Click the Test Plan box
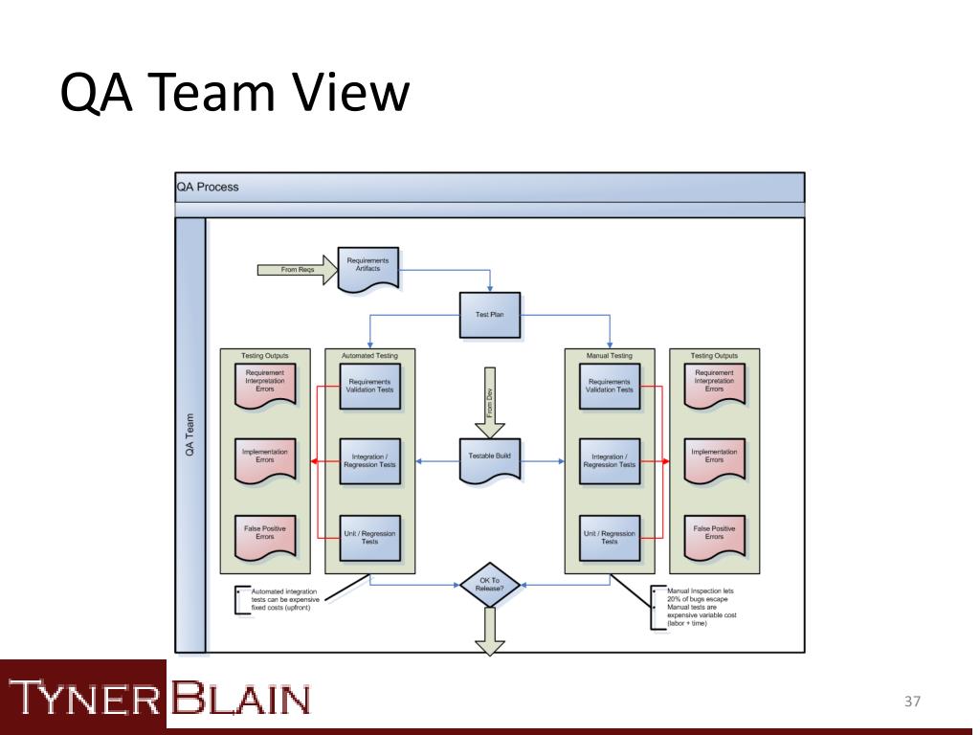[490, 315]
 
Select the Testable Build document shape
[489, 458]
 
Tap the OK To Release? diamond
[489, 584]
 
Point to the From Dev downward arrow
[489, 401]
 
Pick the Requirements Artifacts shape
[367, 265]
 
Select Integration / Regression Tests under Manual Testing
[609, 461]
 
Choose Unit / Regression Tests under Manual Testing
[609, 537]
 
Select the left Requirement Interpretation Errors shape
[264, 382]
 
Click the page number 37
[911, 702]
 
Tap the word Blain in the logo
[240, 698]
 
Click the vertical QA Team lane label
[190, 434]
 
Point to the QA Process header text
[208, 187]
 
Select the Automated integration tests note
[284, 599]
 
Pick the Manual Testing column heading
[609, 355]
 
